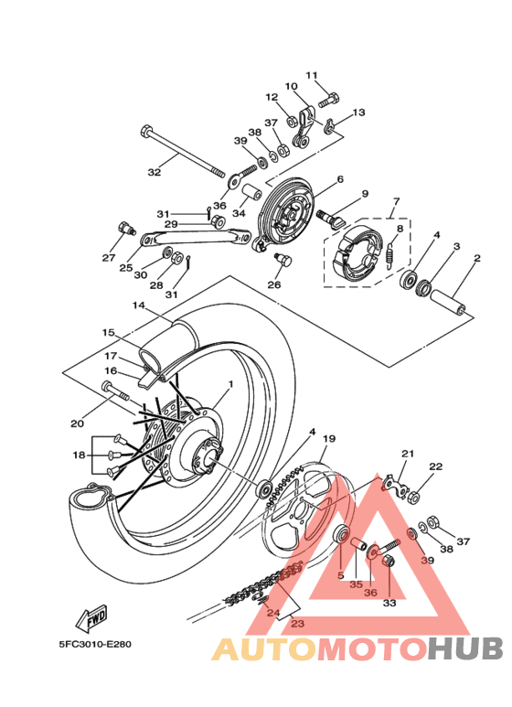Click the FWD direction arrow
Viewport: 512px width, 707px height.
tap(91, 617)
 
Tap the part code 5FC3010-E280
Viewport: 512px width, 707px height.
tap(96, 644)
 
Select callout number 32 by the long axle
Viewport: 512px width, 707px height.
tap(155, 172)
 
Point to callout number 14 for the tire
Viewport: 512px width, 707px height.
tap(139, 305)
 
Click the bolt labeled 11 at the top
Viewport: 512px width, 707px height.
tap(329, 99)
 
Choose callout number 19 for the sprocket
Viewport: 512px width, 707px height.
tap(329, 439)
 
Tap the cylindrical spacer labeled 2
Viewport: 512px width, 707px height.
tap(448, 301)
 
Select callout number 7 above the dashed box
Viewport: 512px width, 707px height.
tap(396, 200)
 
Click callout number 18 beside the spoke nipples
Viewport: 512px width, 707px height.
tap(80, 455)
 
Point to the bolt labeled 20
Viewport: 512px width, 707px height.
tap(116, 391)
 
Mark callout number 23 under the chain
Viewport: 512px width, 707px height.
tap(298, 624)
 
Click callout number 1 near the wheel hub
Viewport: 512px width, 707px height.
tap(230, 384)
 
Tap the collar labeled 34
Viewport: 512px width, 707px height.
tap(253, 193)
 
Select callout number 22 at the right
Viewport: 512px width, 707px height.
tap(436, 466)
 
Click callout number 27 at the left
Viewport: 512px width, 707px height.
tap(109, 257)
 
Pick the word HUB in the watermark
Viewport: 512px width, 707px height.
tap(465, 648)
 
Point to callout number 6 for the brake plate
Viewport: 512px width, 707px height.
tap(340, 179)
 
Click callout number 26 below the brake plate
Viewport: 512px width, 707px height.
tap(274, 285)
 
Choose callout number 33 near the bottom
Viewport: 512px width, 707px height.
tap(389, 603)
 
